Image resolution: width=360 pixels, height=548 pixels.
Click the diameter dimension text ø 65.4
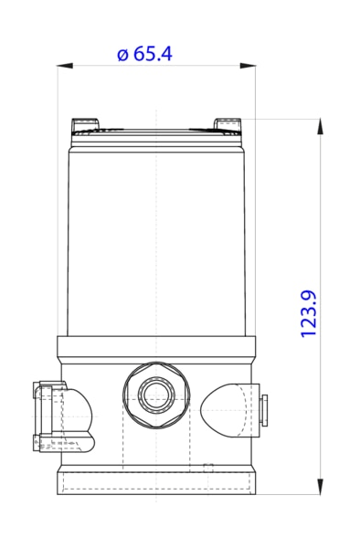tap(144, 54)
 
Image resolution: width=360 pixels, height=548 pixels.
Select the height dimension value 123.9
tap(308, 313)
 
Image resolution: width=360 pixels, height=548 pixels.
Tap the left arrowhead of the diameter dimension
tap(62, 65)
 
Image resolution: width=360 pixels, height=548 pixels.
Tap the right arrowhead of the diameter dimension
tap(250, 65)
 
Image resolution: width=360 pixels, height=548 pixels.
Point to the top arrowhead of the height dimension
tap(321, 125)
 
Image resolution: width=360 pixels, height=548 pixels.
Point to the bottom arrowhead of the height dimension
tap(321, 488)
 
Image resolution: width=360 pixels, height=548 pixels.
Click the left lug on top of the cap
tap(84, 123)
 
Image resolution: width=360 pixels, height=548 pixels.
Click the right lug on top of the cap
tap(227, 123)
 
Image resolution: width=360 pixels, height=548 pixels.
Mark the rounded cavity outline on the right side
tap(223, 407)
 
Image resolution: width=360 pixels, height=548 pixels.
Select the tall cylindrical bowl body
tap(157, 237)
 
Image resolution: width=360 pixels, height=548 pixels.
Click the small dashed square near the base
tap(207, 468)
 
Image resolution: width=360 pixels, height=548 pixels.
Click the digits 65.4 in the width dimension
tap(153, 54)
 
